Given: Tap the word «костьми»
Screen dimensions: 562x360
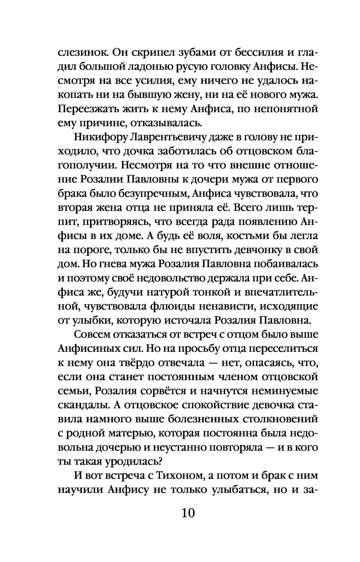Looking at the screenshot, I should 262,236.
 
